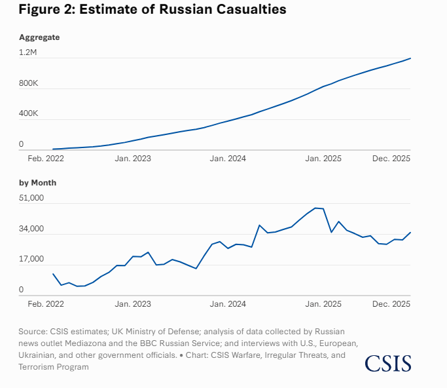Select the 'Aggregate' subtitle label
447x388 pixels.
tap(39, 37)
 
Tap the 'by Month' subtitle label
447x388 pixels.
tap(38, 183)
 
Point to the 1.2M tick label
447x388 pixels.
tap(28, 52)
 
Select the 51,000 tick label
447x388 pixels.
tap(31, 198)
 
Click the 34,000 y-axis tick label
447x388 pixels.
tap(31, 229)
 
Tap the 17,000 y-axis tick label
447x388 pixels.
tap(31, 260)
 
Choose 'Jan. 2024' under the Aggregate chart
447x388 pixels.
tap(228, 159)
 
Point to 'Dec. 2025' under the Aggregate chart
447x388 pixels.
tap(391, 159)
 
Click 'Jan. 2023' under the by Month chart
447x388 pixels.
tap(132, 304)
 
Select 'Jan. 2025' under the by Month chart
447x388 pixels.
tap(323, 304)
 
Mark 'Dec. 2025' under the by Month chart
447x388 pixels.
tap(391, 304)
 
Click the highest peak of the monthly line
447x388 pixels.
tap(315, 208)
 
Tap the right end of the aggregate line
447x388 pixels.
tap(410, 58)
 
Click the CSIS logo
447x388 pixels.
tap(388, 363)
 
